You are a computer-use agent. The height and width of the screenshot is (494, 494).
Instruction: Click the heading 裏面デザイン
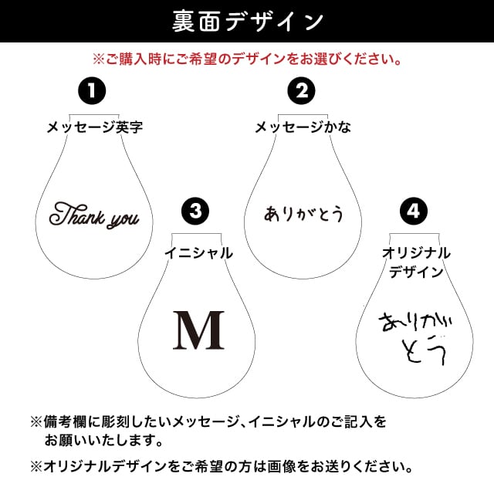247,22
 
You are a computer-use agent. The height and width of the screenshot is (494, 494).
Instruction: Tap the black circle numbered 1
92,91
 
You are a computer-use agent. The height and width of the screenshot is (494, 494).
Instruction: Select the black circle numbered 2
302,91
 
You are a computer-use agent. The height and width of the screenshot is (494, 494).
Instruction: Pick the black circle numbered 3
197,211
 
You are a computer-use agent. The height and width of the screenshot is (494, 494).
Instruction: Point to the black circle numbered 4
414,211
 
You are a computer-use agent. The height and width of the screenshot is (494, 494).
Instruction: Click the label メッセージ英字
93,127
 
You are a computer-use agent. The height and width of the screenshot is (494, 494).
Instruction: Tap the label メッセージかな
303,127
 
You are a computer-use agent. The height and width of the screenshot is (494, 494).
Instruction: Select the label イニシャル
198,252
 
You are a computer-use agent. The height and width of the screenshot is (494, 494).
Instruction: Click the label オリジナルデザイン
416,262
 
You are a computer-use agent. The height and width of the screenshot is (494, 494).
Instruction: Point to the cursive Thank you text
94,216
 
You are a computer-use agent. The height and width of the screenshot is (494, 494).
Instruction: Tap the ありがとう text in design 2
303,213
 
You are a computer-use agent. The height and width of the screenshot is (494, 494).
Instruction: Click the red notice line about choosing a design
247,58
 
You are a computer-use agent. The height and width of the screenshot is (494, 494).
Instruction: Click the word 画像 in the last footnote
307,467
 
